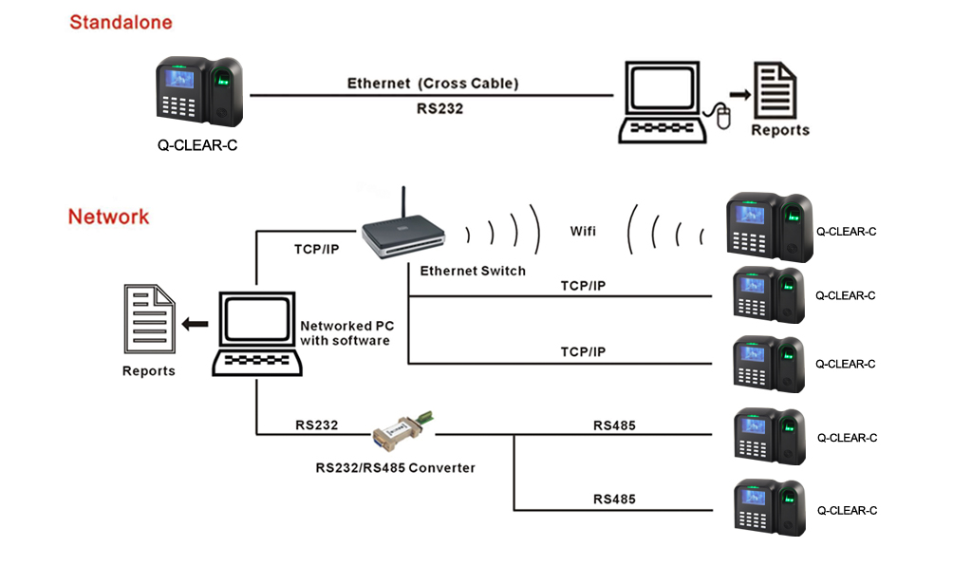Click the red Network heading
[x=108, y=217]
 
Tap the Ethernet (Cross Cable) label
[x=433, y=84]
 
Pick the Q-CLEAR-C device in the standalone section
[x=199, y=92]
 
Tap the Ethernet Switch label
[x=472, y=271]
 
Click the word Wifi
[x=583, y=232]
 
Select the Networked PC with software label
[x=345, y=332]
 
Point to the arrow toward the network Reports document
[x=196, y=324]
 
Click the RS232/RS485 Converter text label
[x=395, y=467]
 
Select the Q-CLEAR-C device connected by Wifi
[x=769, y=228]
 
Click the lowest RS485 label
[x=614, y=499]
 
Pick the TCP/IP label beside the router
[x=317, y=249]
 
